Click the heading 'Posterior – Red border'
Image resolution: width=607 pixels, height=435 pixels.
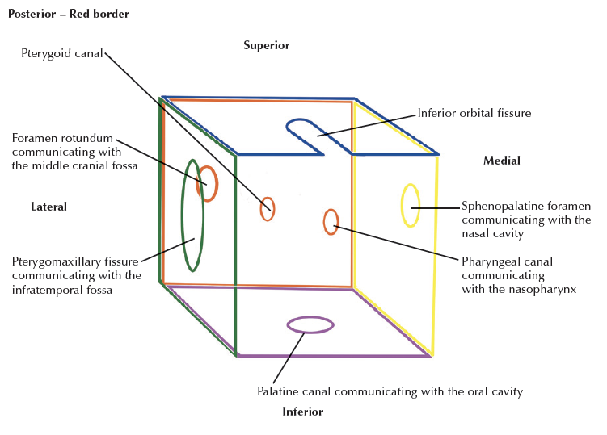point(68,15)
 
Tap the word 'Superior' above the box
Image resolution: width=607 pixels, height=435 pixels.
point(266,46)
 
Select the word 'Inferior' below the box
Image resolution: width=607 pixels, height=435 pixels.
point(303,412)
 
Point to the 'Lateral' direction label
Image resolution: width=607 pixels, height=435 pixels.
point(48,207)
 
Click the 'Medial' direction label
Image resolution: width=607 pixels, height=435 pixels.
point(501,161)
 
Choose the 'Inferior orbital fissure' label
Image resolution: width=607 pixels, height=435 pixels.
point(474,113)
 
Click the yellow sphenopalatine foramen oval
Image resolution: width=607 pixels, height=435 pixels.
point(411,206)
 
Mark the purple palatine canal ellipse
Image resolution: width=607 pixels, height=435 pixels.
point(310,324)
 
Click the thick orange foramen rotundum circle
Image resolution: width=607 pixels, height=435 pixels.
point(208,184)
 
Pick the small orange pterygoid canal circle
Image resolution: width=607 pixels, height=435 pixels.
point(268,209)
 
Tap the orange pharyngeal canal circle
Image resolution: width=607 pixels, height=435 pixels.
point(331,221)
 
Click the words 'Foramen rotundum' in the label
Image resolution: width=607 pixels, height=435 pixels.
point(62,138)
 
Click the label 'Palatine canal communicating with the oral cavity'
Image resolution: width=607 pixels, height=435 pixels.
point(390,392)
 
